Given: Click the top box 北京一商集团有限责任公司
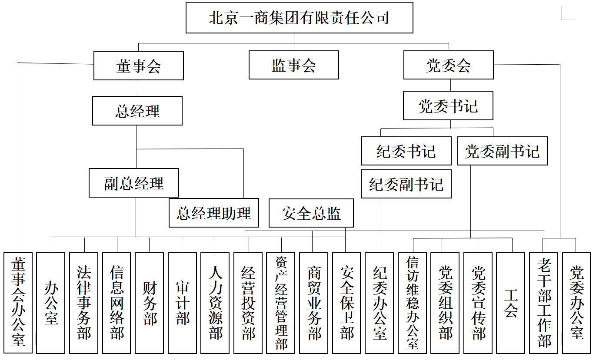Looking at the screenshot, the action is coord(300,17).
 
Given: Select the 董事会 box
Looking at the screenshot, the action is coord(139,66).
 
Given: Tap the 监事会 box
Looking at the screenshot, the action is coord(294,65).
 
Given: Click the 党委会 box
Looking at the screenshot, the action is coord(449,65).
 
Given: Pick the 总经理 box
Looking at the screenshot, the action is coord(137,111).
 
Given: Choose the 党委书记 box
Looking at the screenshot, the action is coord(448,106).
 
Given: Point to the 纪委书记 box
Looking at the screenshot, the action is coord(406,151).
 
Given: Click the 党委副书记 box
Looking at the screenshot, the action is coord(503,151).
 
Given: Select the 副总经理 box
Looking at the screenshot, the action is coord(134,183).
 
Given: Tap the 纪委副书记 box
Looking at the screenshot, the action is coord(406,184).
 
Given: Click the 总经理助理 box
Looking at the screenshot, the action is coord(214,213).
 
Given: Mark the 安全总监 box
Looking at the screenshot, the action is coord(311,213).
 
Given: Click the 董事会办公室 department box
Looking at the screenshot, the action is coord(18,303).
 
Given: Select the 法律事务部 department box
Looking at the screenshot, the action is coord(84,303).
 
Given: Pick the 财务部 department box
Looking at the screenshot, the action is coord(149,303).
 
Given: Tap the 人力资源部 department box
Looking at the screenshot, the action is coord(215,303).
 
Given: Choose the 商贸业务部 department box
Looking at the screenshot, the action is coord(314,303).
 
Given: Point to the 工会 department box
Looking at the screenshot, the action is coord(511,303).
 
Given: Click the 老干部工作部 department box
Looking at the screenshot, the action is coord(543,303).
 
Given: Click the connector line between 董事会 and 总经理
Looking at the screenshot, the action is coord(138,88).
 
